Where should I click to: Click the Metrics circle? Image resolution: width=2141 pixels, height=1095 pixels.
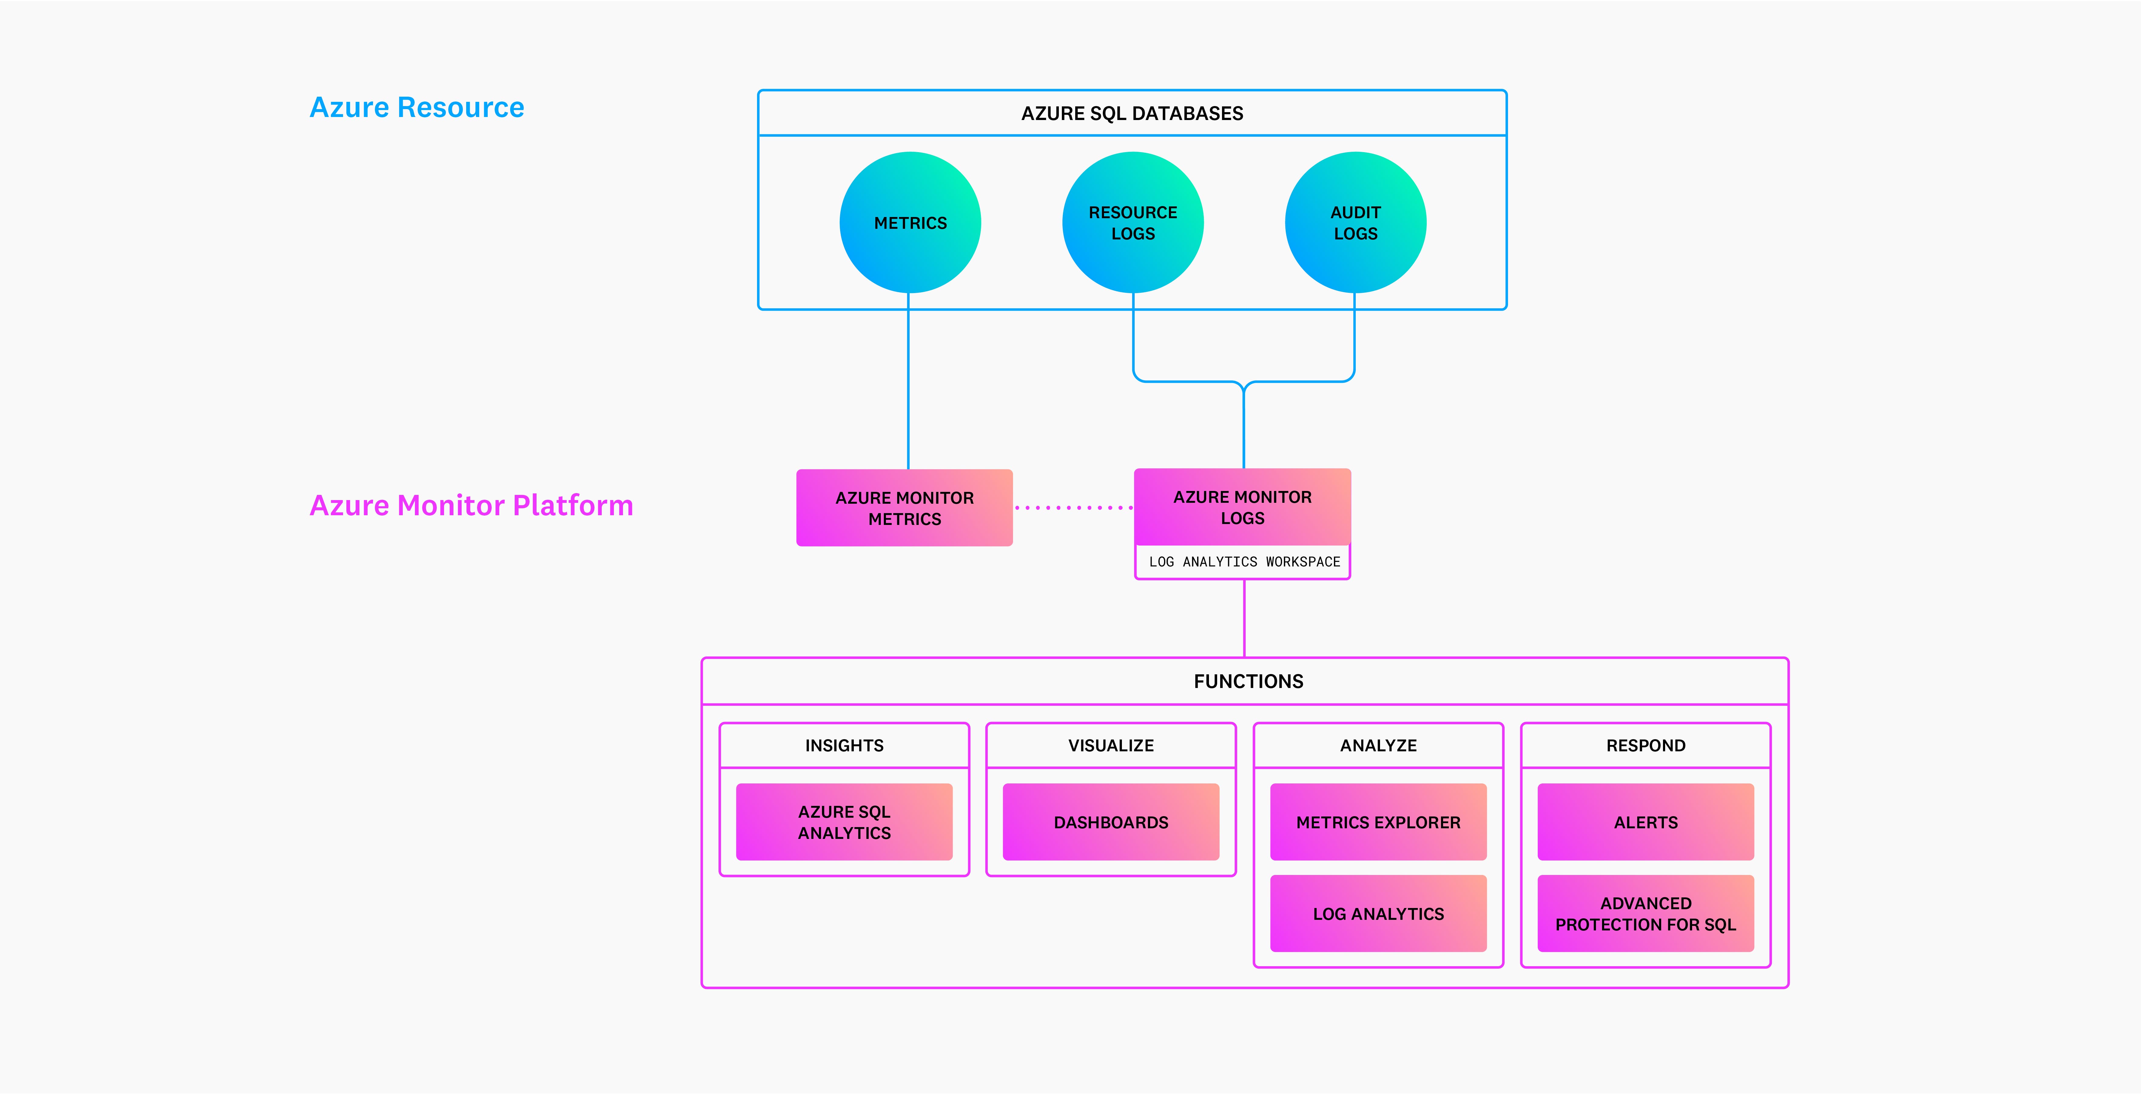pyautogui.click(x=910, y=223)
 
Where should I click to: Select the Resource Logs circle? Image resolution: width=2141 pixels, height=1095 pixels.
pyautogui.click(x=1133, y=223)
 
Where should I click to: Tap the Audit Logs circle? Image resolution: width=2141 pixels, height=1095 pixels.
pyautogui.click(x=1355, y=223)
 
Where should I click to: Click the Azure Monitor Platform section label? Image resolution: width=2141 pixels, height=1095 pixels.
pyautogui.click(x=471, y=505)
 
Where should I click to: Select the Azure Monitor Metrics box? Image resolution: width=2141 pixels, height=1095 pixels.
pyautogui.click(x=904, y=508)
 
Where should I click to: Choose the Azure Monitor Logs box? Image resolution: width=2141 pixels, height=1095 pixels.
pyautogui.click(x=1243, y=507)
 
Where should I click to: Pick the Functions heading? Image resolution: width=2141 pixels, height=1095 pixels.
pyautogui.click(x=1248, y=681)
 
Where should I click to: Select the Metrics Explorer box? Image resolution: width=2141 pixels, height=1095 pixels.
pyautogui.click(x=1378, y=822)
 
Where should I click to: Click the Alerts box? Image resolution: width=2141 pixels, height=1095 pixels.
pyautogui.click(x=1646, y=822)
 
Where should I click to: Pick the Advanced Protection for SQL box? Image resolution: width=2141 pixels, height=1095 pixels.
pyautogui.click(x=1646, y=913)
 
